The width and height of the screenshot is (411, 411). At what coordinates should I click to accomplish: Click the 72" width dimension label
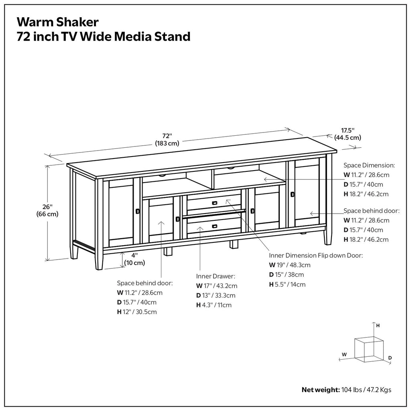[167, 139]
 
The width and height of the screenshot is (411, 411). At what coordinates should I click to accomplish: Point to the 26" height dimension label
[47, 210]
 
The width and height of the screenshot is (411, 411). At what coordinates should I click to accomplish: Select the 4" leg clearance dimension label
[134, 259]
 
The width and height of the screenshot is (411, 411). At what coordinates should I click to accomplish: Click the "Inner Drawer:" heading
[216, 276]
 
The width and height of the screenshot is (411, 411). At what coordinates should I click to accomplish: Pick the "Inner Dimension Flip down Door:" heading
[316, 255]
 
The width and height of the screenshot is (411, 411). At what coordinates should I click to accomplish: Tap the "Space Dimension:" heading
[369, 165]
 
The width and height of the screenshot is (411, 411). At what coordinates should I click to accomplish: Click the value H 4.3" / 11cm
[214, 305]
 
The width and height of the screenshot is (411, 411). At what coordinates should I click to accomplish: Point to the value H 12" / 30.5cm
[137, 312]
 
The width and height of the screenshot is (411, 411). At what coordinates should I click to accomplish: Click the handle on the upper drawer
[215, 203]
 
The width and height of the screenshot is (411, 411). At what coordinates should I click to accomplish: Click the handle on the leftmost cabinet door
[138, 211]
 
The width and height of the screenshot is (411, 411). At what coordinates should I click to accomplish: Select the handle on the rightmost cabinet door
[292, 194]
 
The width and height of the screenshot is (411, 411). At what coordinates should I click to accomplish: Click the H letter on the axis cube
[378, 326]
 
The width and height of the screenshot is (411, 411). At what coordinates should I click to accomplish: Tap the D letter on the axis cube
[390, 357]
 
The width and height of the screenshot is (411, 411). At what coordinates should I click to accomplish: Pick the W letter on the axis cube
[344, 354]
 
